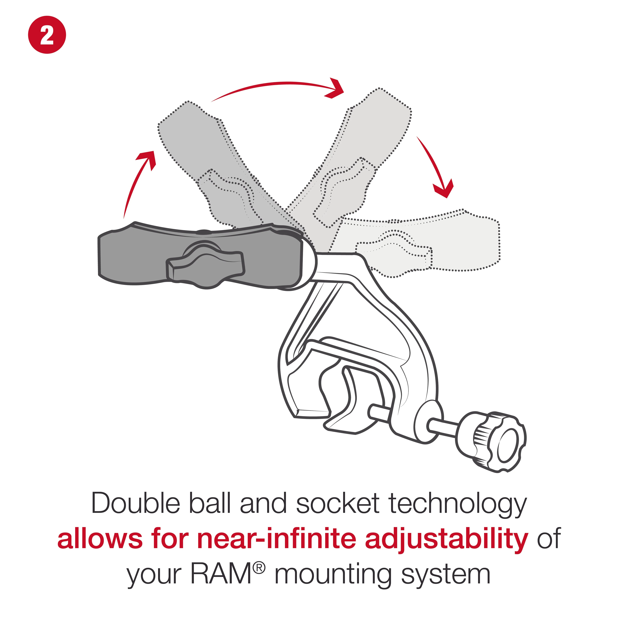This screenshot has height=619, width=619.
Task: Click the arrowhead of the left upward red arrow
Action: [146, 160]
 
